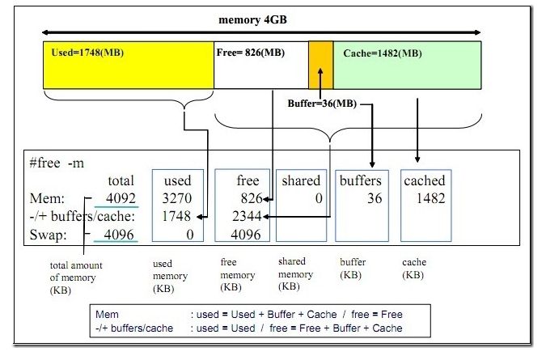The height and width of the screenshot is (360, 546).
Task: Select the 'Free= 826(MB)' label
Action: (251, 53)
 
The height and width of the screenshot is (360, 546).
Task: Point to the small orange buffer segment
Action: (320, 65)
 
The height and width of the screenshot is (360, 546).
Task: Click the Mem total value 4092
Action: (110, 198)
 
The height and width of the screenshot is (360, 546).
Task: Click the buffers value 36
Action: (374, 198)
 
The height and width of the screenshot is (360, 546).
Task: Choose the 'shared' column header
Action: (300, 180)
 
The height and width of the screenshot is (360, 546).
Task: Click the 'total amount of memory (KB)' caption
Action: (75, 277)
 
